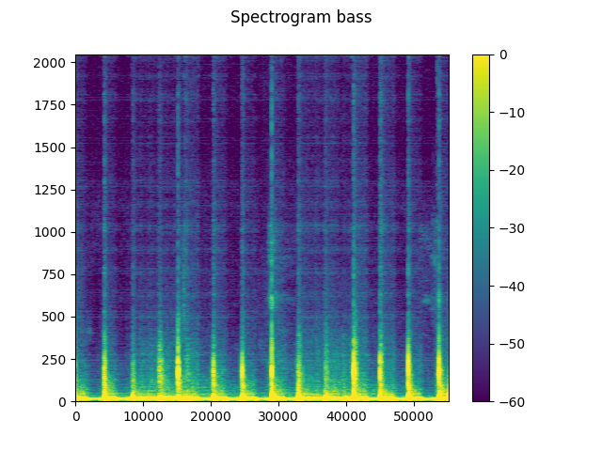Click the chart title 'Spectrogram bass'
(x=301, y=17)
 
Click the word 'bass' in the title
(x=353, y=17)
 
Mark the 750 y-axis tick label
(x=55, y=274)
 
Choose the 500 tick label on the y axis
(x=55, y=317)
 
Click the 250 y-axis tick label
(x=55, y=359)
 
